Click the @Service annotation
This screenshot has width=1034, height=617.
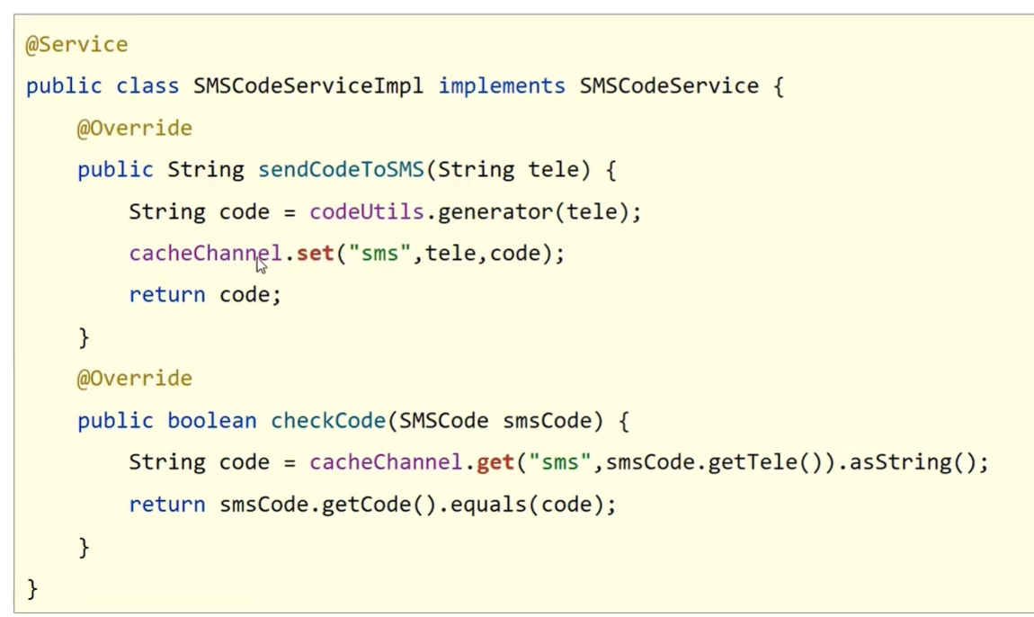pos(76,44)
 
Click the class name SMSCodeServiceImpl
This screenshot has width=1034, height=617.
pos(308,86)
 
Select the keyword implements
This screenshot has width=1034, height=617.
pos(502,86)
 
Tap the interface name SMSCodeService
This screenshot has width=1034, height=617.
pos(669,86)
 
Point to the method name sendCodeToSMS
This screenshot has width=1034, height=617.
pos(341,170)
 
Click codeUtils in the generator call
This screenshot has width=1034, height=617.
pos(366,212)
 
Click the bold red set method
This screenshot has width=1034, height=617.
pos(315,254)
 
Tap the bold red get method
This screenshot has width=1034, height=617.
pos(495,462)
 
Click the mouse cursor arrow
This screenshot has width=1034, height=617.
pos(261,264)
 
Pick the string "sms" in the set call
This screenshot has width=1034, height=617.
pos(379,254)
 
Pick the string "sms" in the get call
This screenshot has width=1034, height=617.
pos(559,462)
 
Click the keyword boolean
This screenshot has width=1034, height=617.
pos(211,421)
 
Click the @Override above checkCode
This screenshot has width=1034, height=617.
pos(134,379)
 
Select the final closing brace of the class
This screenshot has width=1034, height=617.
pos(32,588)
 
